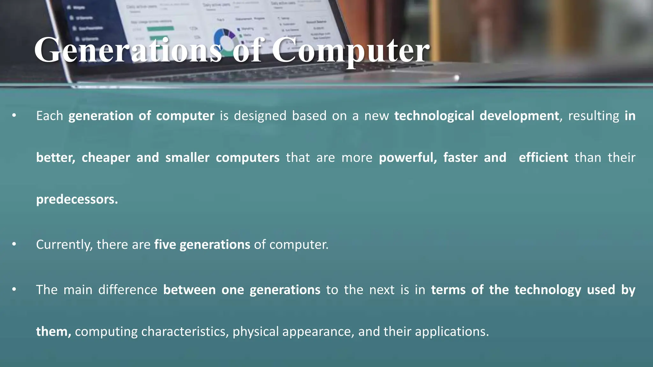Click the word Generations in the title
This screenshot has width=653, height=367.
point(128,50)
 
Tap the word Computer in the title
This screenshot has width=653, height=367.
point(350,50)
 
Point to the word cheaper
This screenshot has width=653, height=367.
point(106,158)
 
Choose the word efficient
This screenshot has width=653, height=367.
point(543,158)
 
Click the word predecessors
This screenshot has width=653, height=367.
point(77,199)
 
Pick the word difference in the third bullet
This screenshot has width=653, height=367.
point(128,290)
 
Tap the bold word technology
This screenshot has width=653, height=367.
point(548,290)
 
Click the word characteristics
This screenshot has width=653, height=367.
point(185,332)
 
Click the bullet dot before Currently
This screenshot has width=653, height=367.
point(14,244)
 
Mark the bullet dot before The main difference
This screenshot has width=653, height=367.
point(14,290)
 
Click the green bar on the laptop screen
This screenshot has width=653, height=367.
point(160,29)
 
